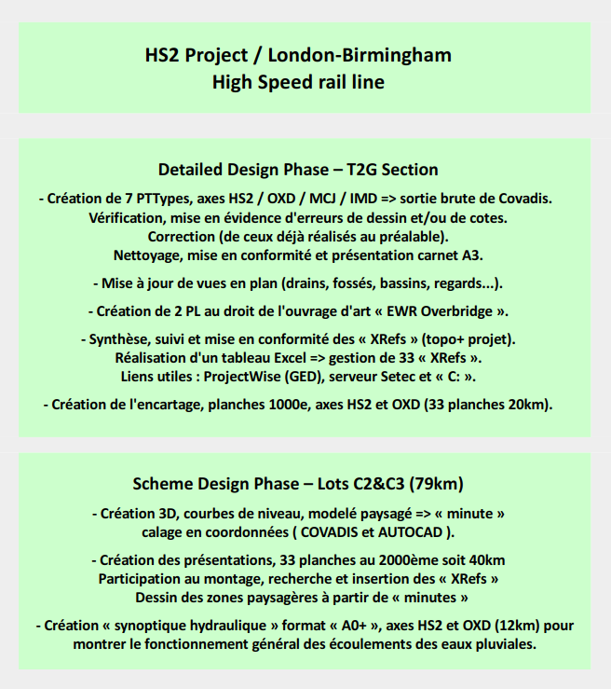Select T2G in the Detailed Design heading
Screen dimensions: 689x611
tap(364, 170)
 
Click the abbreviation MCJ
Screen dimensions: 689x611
tap(326, 199)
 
